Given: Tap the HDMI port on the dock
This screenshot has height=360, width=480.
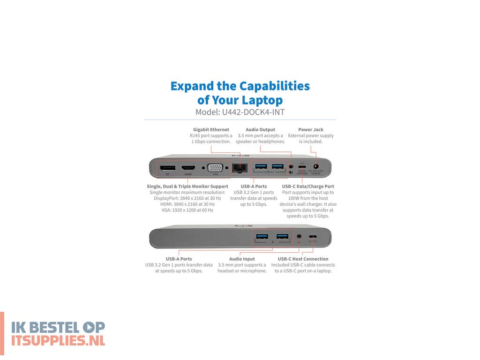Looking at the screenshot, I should [188, 168].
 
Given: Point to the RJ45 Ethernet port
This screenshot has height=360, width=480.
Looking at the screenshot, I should [240, 167].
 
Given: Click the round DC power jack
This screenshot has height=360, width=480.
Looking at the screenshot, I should [315, 166].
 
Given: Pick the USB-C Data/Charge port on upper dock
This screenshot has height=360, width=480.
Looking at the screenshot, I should [302, 166].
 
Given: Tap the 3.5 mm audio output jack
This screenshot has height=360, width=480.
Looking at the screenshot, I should [292, 166].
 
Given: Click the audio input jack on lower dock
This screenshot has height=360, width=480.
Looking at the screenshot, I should [299, 237].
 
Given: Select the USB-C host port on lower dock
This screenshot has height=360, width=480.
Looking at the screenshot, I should [312, 237].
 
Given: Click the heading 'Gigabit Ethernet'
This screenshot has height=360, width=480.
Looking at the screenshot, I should [211, 129].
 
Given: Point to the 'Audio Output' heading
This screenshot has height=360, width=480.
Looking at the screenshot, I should [260, 129].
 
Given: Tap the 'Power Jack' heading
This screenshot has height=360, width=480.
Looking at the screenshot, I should [311, 129].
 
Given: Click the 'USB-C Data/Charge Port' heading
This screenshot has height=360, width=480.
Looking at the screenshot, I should [308, 186].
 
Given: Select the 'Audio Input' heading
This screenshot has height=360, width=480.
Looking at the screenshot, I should [242, 259].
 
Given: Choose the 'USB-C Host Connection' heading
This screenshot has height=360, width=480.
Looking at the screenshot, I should [303, 259].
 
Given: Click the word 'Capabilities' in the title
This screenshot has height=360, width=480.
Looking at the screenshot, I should [274, 86].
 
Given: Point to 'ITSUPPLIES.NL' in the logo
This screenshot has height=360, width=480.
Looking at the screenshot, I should [58, 340].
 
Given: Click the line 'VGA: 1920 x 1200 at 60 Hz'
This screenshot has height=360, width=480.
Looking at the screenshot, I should [181, 210].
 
